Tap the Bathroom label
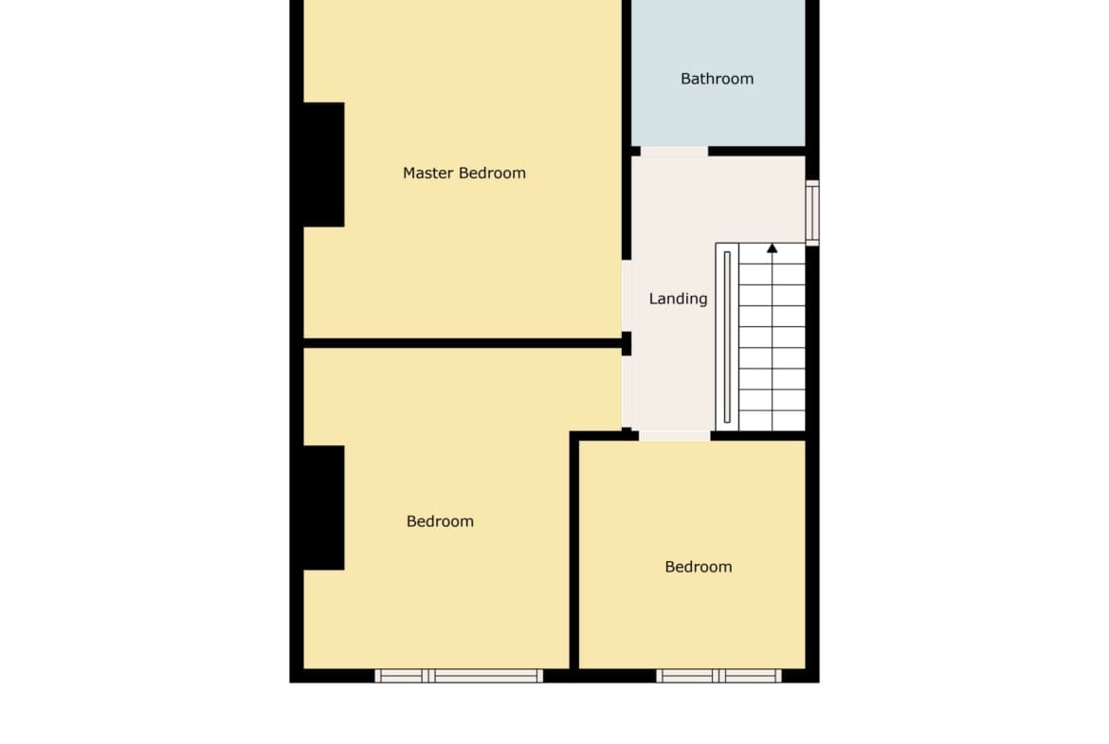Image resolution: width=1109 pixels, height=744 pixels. pyautogui.click(x=718, y=79)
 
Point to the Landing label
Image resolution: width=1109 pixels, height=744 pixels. pyautogui.click(x=679, y=299)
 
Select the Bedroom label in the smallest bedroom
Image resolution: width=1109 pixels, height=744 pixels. pyautogui.click(x=698, y=567)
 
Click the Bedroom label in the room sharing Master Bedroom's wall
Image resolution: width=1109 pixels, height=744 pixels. pyautogui.click(x=440, y=522)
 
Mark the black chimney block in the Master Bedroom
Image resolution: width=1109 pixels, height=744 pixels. pyautogui.click(x=324, y=165)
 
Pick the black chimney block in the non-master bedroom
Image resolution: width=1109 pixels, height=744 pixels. pyautogui.click(x=324, y=508)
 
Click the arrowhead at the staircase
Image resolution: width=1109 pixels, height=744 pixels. pyautogui.click(x=773, y=248)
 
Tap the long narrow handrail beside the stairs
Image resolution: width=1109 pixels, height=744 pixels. pyautogui.click(x=727, y=337)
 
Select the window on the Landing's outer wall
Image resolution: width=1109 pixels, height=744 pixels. pyautogui.click(x=812, y=213)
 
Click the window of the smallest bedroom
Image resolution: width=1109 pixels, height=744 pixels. pyautogui.click(x=719, y=676)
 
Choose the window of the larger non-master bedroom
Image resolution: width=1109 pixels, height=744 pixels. pyautogui.click(x=459, y=676)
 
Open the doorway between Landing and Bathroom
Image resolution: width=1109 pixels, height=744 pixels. pyautogui.click(x=674, y=152)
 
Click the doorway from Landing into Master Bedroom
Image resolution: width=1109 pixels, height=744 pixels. pyautogui.click(x=627, y=296)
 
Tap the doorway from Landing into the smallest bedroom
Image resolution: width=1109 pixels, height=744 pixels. pyautogui.click(x=675, y=436)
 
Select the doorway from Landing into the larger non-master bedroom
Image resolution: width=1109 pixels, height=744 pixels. pyautogui.click(x=627, y=391)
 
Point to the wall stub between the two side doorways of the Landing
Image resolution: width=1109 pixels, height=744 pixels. pyautogui.click(x=627, y=344)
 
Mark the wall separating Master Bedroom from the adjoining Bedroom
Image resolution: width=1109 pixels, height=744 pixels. pyautogui.click(x=463, y=344)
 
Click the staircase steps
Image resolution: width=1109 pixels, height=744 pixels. pyautogui.click(x=773, y=337)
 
